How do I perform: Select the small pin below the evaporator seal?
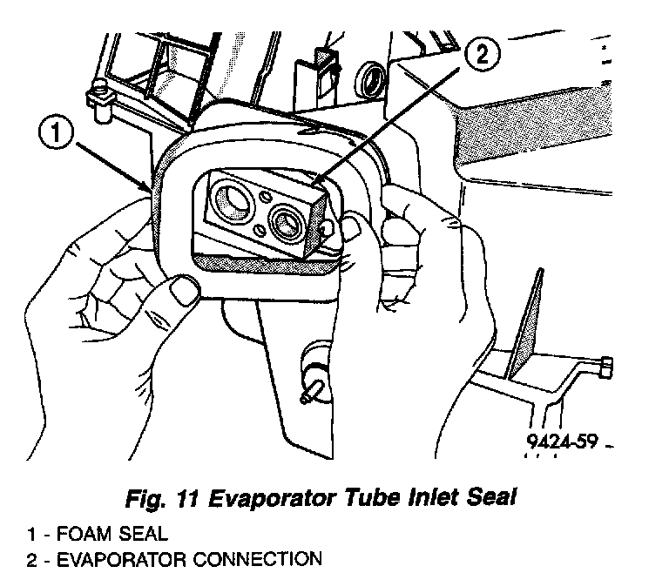(307, 391)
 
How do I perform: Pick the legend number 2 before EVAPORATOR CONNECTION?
(31, 558)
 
